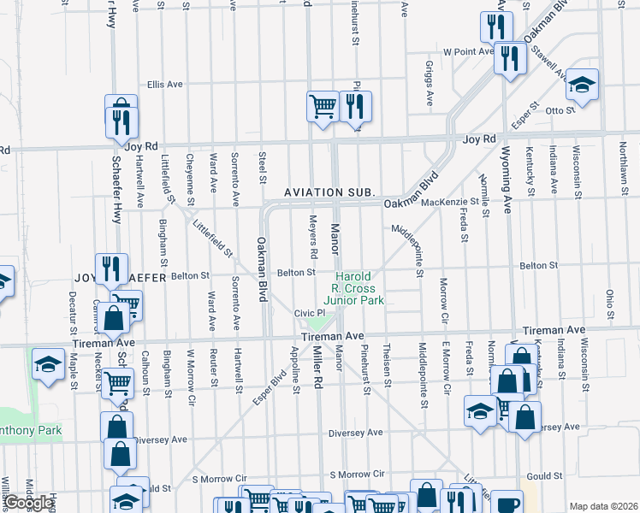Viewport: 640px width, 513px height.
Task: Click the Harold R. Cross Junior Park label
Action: click(x=359, y=288)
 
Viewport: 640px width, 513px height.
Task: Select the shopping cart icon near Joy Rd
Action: click(x=323, y=107)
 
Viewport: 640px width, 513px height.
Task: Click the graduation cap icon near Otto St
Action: click(x=583, y=85)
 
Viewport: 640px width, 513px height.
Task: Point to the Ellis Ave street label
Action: click(x=165, y=85)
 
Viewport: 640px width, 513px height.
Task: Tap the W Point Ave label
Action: click(x=468, y=51)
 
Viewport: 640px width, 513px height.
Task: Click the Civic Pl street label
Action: click(x=307, y=313)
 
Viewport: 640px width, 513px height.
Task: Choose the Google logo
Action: click(x=28, y=503)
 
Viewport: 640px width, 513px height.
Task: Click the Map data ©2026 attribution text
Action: click(x=602, y=506)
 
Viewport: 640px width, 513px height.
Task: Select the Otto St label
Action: click(x=560, y=110)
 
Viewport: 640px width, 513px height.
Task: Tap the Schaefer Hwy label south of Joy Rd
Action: click(x=117, y=192)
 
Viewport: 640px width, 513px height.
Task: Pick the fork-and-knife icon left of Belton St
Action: click(x=111, y=268)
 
